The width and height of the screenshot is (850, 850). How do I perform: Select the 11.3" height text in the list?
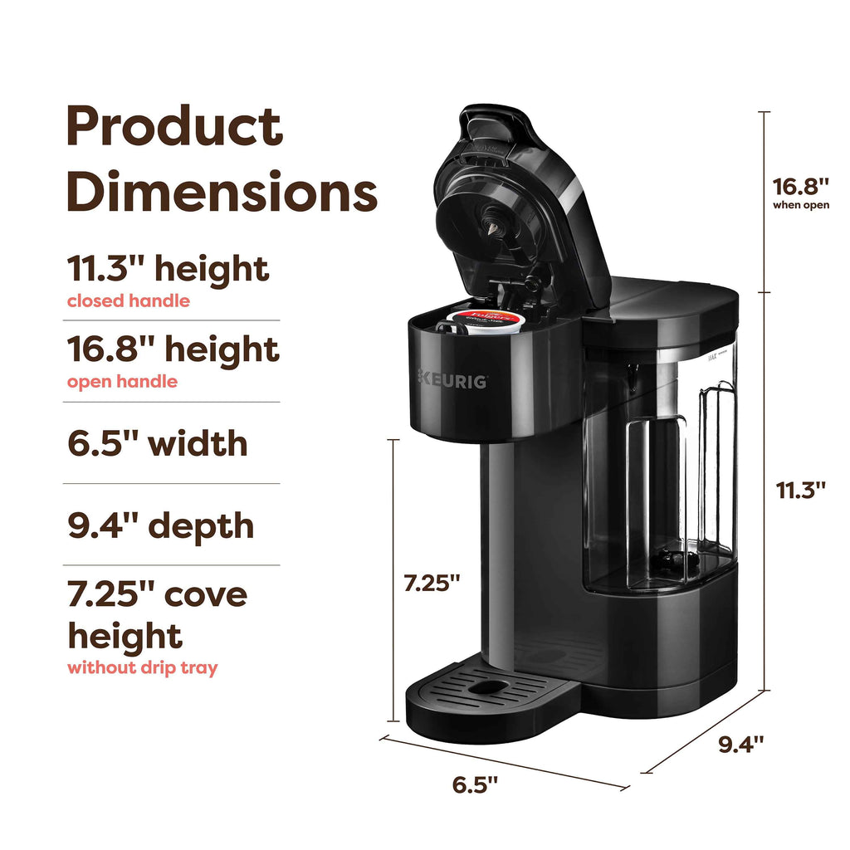(168, 269)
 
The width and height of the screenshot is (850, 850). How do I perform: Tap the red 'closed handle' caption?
(128, 301)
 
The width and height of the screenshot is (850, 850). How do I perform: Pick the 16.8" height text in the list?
(173, 349)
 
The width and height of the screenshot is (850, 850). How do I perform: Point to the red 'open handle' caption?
(121, 382)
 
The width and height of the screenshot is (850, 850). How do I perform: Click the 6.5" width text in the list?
(157, 442)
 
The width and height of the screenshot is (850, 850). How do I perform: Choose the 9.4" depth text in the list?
(160, 525)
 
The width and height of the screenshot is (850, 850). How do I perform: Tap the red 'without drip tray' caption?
(142, 667)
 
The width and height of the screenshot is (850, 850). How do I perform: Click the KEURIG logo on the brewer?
(452, 380)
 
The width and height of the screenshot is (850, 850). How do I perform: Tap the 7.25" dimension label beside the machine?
(432, 583)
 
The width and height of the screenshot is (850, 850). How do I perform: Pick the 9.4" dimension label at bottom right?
(740, 744)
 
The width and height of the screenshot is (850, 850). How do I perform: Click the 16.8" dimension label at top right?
(800, 184)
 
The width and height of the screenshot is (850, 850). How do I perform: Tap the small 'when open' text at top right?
(800, 205)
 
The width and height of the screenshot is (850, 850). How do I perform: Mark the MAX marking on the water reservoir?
(711, 359)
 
